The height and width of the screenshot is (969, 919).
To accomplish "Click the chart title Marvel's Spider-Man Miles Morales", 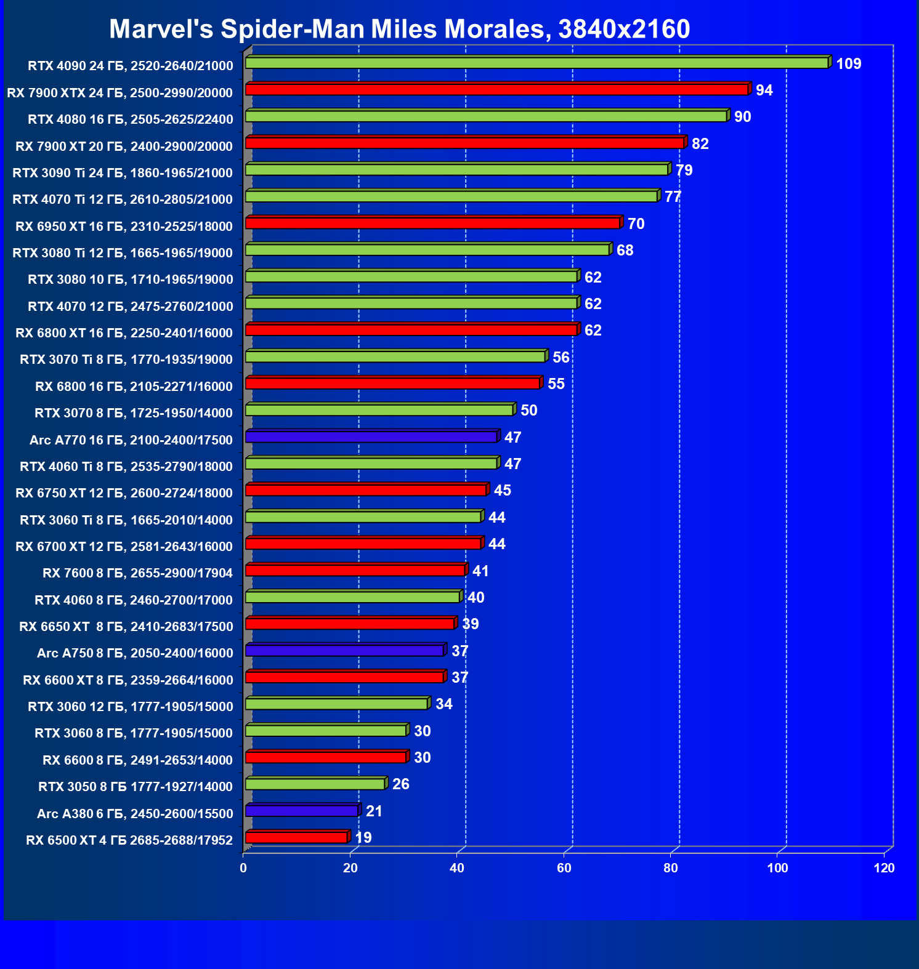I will (399, 29).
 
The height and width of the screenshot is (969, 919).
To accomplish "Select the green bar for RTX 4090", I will (536, 63).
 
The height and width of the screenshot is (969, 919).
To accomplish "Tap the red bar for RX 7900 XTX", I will (496, 90).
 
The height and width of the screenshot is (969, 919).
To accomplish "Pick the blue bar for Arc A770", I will (371, 437).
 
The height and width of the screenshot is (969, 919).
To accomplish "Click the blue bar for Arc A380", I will (301, 811).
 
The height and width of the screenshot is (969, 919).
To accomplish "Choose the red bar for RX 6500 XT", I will (296, 837).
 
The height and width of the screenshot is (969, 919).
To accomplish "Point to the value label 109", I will (848, 64).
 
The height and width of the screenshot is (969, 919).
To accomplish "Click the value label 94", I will (764, 90).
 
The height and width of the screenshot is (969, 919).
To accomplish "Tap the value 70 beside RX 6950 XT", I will (636, 224).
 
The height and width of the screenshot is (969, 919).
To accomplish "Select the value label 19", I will (363, 838).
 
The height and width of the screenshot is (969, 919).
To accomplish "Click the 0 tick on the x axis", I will (243, 868).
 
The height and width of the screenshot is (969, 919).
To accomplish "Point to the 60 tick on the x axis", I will (564, 868).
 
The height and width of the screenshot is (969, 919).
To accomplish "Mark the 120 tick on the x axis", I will (885, 868).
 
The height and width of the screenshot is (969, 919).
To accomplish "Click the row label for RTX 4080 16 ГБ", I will (131, 119).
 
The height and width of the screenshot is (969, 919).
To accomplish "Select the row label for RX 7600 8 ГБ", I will (137, 573).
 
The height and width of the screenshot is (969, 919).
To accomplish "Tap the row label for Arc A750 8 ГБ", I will (135, 653).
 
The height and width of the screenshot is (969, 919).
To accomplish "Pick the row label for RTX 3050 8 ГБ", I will (136, 787).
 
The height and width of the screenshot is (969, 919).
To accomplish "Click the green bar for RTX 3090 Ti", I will (456, 170).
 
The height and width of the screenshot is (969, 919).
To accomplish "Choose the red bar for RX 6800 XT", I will (411, 330).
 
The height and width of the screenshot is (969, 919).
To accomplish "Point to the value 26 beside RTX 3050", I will (400, 784).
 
